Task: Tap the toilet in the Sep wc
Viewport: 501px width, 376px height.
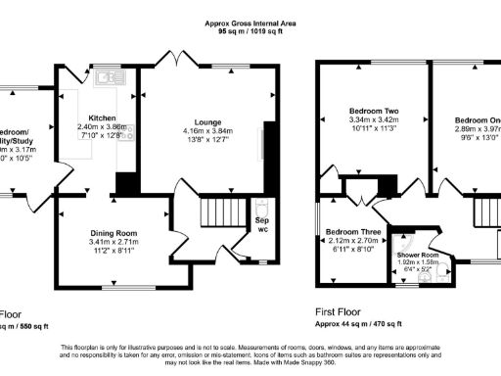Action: click(259, 209)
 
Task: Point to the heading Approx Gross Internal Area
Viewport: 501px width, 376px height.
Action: click(250, 22)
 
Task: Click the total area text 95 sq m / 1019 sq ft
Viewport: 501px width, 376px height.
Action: click(250, 31)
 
